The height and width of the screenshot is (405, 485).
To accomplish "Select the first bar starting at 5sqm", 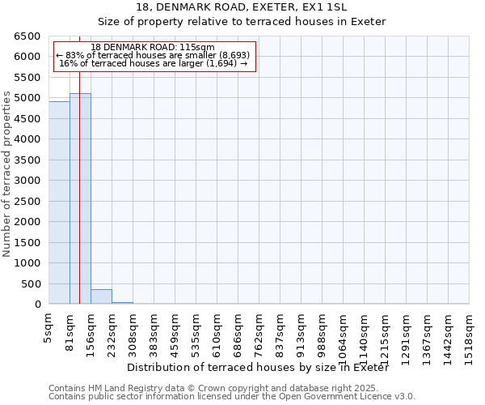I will pos(59,202).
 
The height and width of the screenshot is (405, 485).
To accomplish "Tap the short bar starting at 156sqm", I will pos(101,296).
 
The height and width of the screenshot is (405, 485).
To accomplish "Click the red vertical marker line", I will pos(79,162).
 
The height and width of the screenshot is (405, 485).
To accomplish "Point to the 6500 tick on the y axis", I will pos(27,36).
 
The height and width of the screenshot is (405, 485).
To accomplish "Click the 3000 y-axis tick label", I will pos(27,181).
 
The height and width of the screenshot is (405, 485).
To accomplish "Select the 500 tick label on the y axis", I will pos(31,283).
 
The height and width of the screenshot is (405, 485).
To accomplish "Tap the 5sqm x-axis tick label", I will pos(48,326).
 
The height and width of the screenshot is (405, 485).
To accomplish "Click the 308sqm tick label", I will pos(133,331).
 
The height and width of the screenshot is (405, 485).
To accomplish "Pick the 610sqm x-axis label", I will pos(217,331).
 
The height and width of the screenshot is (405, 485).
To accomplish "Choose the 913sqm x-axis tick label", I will pos(301,331).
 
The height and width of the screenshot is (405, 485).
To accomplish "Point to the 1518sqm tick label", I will pos(469,334).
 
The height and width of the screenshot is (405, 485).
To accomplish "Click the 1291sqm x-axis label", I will pos(406,334).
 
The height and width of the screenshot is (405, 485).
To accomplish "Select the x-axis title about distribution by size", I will pos(258,368).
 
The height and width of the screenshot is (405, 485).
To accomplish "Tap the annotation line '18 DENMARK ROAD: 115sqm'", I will pos(154,48).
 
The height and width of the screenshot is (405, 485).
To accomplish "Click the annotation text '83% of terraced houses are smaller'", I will pos(154,56).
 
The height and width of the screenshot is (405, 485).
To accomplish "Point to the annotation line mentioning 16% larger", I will pos(154,64).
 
